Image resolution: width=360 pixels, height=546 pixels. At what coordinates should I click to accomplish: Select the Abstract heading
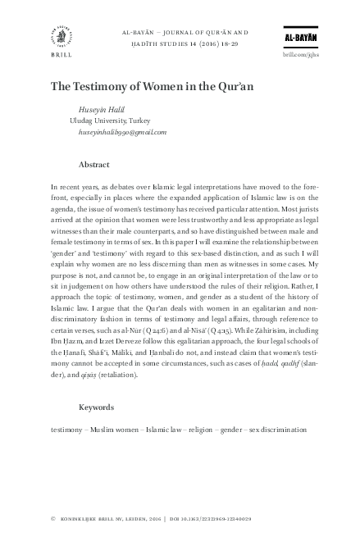(94, 164)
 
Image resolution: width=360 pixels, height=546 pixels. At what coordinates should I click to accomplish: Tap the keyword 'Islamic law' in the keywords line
(164, 429)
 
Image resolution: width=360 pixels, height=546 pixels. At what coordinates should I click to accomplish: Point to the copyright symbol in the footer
(52, 519)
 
